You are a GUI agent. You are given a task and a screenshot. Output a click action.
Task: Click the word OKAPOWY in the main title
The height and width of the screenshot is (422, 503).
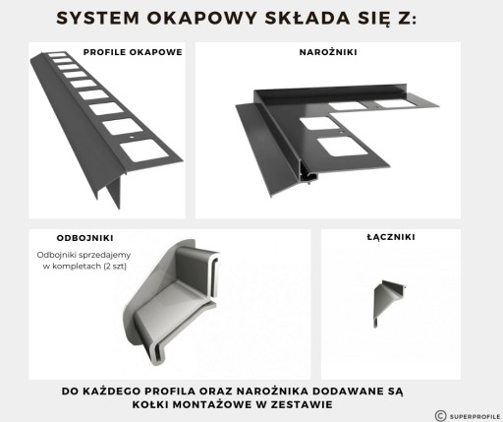tap(201, 18)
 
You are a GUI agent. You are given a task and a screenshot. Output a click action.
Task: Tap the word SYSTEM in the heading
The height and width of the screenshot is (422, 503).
tap(98, 18)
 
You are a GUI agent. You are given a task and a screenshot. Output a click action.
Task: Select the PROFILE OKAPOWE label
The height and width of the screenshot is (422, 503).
tap(133, 52)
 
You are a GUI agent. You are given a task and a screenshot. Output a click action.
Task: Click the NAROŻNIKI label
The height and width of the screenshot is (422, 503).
tap(328, 52)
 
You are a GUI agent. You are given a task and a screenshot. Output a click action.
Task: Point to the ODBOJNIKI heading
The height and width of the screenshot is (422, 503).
tap(85, 238)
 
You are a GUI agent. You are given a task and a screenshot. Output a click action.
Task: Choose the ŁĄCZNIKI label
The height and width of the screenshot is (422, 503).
tap(391, 237)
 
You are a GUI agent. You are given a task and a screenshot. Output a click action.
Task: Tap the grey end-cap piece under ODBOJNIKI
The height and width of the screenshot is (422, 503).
tap(170, 302)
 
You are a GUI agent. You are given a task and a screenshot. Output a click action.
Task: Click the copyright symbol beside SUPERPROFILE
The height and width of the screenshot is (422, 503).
tap(441, 416)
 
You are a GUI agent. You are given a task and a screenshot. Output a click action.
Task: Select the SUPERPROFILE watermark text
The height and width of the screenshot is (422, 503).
tap(475, 416)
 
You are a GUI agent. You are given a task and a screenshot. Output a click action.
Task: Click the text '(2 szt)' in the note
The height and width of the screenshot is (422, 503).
tap(115, 267)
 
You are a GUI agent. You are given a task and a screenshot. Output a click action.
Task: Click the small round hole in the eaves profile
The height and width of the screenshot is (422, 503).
tap(132, 137)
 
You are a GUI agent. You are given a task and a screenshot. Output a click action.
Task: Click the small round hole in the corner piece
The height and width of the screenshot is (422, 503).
tap(341, 133)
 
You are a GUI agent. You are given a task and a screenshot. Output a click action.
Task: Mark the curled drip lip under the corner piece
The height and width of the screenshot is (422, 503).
tap(309, 176)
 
